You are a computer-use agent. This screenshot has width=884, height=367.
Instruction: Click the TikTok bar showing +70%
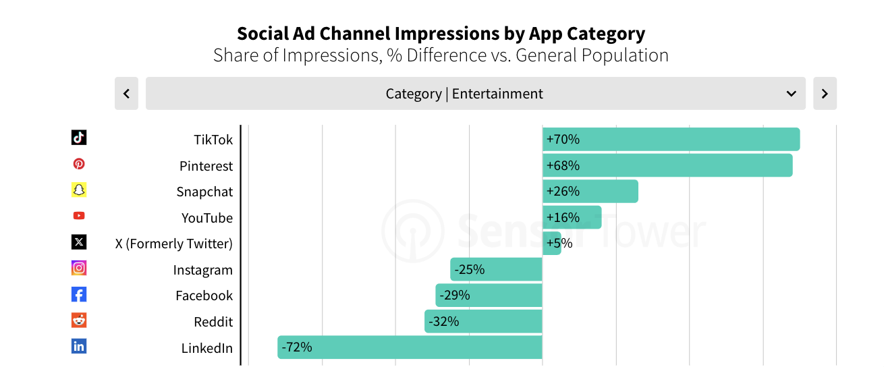(x=671, y=140)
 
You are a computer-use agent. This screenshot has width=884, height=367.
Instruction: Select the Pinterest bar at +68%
(x=667, y=165)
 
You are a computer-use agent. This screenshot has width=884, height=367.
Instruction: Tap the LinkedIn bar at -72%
(x=410, y=347)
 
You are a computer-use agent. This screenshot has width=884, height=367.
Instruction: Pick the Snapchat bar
(x=590, y=192)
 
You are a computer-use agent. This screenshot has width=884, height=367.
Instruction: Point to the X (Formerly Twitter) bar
(x=551, y=244)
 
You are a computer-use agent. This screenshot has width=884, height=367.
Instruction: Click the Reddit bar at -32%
(x=483, y=321)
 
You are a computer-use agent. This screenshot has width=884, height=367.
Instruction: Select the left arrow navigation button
(x=126, y=94)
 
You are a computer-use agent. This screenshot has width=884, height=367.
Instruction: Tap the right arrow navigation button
(x=825, y=94)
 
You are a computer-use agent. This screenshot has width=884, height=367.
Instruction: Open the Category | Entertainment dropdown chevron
(x=792, y=94)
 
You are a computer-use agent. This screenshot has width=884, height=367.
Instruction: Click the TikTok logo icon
(x=79, y=138)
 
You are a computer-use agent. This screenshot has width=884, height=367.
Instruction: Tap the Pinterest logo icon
(x=79, y=164)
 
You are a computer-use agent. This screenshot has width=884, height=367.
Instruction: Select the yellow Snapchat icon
(x=79, y=190)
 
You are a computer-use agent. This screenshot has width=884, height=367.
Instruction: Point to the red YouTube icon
(x=79, y=216)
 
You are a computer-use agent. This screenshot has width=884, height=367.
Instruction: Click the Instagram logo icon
(x=79, y=268)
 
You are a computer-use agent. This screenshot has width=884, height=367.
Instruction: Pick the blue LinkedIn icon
(x=79, y=346)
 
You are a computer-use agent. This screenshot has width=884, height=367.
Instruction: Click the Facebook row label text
(x=204, y=295)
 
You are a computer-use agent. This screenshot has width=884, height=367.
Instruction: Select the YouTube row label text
(x=207, y=218)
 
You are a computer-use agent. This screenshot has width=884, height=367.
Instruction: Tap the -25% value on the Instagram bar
(x=470, y=270)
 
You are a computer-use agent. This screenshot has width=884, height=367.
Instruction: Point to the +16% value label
(x=563, y=217)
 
